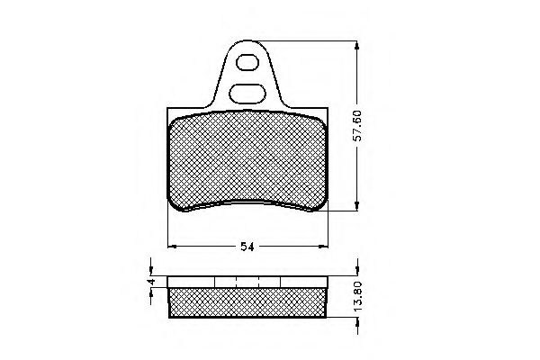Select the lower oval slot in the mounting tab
pyautogui.click(x=246, y=91)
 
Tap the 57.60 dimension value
pyautogui.click(x=357, y=125)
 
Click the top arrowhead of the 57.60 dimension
pyautogui.click(x=358, y=44)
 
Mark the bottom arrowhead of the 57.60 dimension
pyautogui.click(x=358, y=206)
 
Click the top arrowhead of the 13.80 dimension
pyautogui.click(x=358, y=271)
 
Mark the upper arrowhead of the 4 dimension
pyautogui.click(x=152, y=269)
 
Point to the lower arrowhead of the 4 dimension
pyautogui.click(x=152, y=292)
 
